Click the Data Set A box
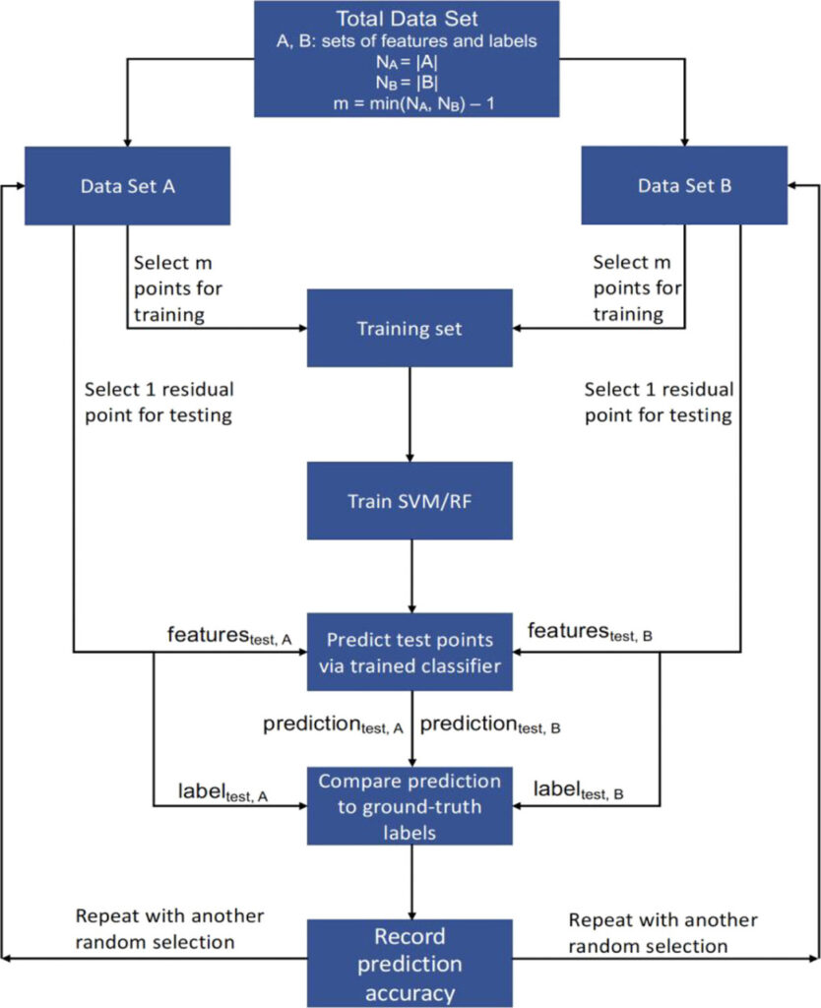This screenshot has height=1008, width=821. pyautogui.click(x=127, y=186)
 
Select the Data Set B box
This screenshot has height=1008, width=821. pyautogui.click(x=684, y=185)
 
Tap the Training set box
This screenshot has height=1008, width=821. pyautogui.click(x=410, y=328)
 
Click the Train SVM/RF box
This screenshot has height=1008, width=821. pyautogui.click(x=410, y=500)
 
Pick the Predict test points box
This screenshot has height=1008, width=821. pyautogui.click(x=410, y=652)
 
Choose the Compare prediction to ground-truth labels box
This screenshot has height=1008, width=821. pyautogui.click(x=410, y=805)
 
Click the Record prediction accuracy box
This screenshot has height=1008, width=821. pyautogui.click(x=410, y=963)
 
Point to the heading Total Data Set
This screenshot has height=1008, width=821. pyautogui.click(x=407, y=18)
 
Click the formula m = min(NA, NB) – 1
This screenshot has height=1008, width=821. pyautogui.click(x=414, y=103)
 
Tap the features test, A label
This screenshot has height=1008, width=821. pyautogui.click(x=229, y=635)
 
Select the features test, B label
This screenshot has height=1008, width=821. pyautogui.click(x=591, y=632)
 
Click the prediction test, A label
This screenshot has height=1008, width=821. pyautogui.click(x=333, y=724)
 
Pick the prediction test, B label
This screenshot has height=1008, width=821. pyautogui.click(x=490, y=724)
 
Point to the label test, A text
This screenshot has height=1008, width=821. pyautogui.click(x=223, y=792)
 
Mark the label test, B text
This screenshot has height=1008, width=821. pyautogui.click(x=579, y=789)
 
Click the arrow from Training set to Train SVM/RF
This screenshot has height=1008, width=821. pyautogui.click(x=410, y=414)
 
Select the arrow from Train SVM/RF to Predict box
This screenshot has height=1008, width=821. pyautogui.click(x=411, y=576)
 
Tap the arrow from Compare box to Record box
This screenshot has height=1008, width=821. pyautogui.click(x=411, y=882)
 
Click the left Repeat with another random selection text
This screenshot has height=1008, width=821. pyautogui.click(x=169, y=929)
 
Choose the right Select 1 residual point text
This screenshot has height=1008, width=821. pyautogui.click(x=659, y=402)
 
